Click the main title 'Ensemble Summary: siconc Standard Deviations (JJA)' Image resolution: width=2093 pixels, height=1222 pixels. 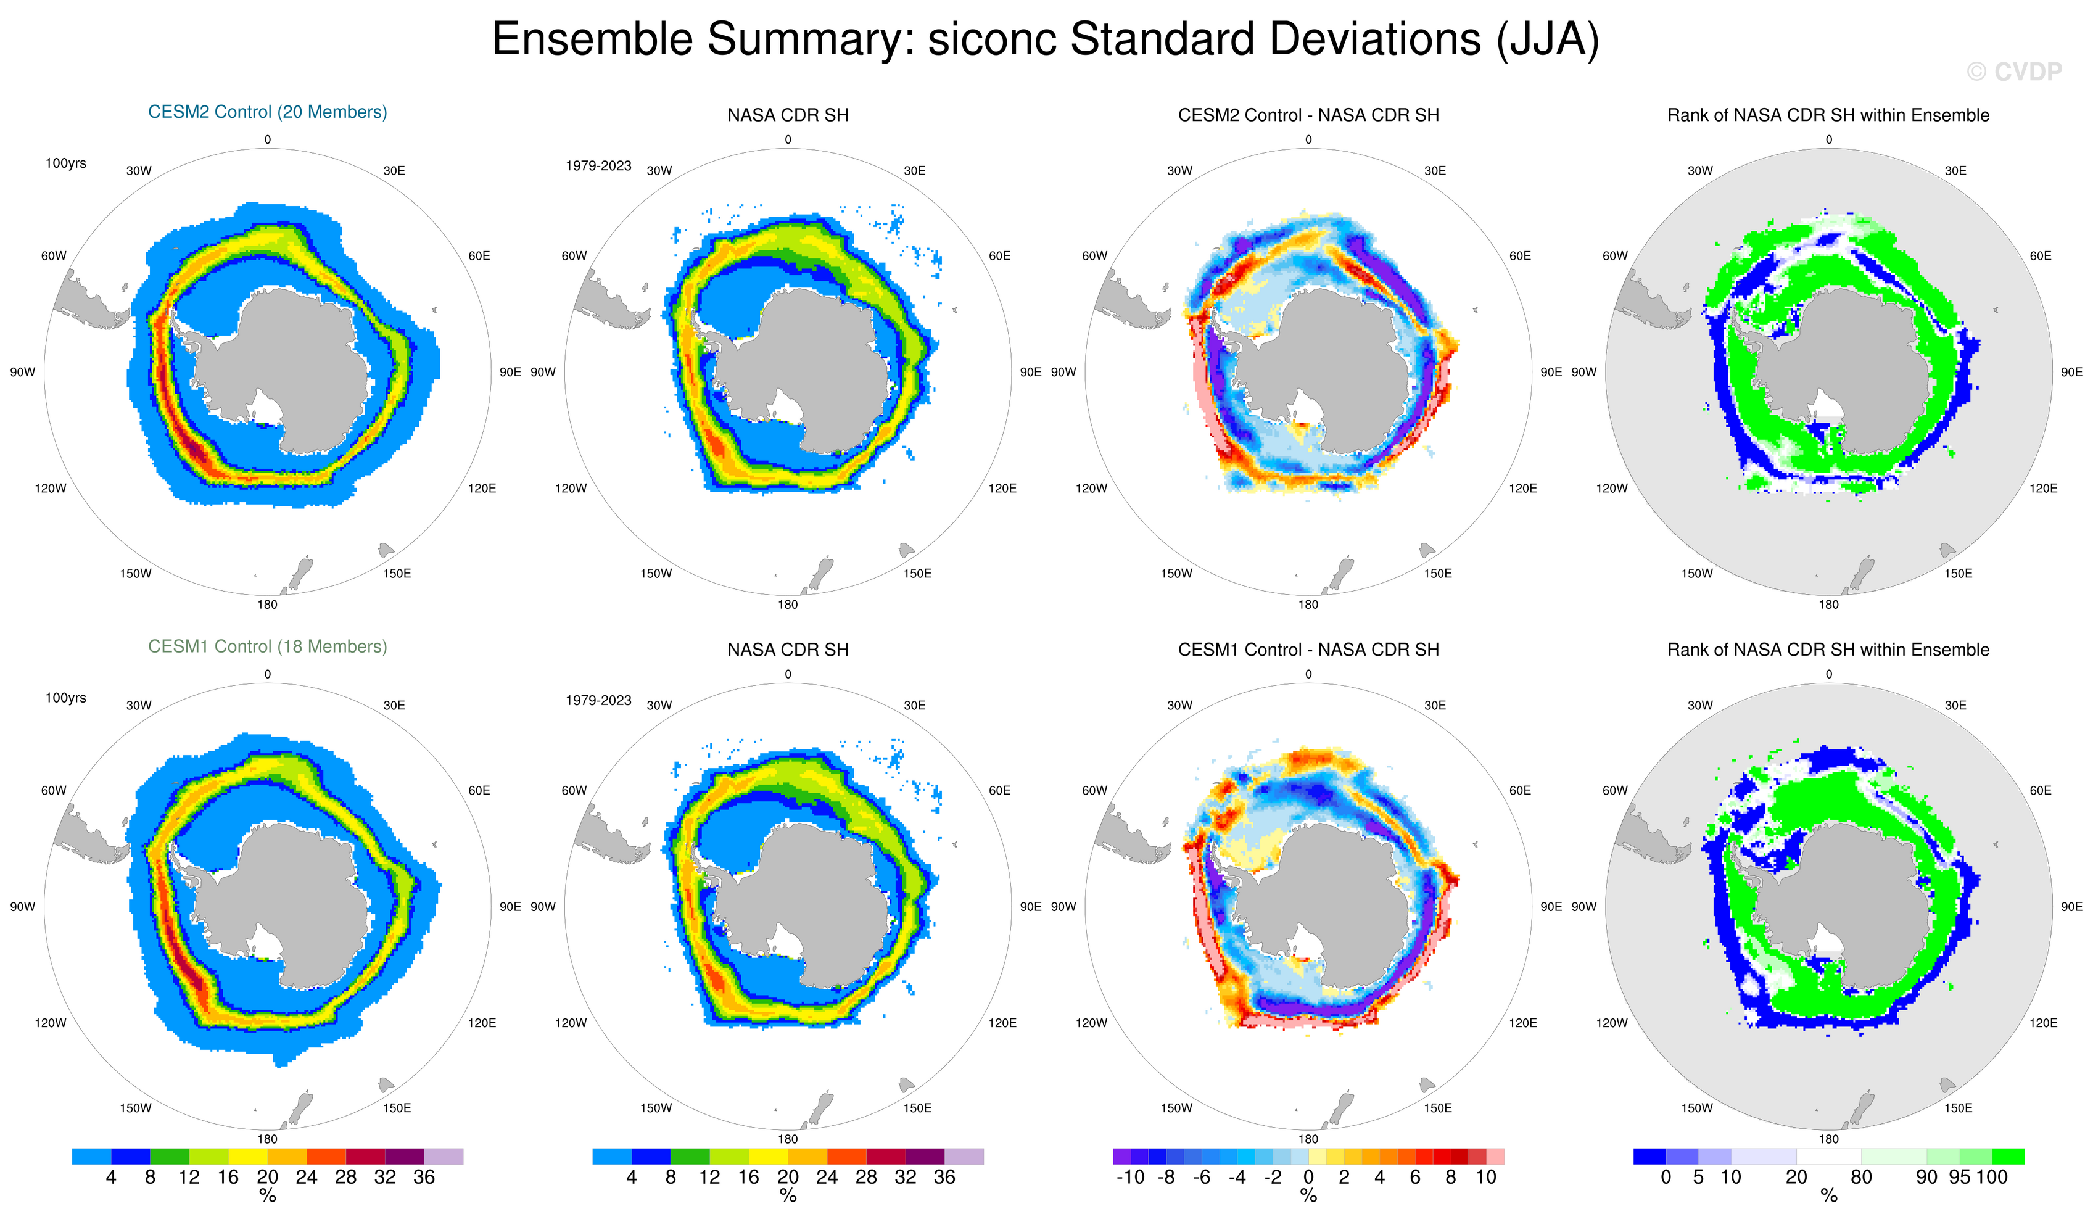[x=1045, y=39]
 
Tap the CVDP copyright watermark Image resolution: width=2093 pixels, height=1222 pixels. [x=2013, y=72]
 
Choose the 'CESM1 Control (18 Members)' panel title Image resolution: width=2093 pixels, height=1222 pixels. [x=268, y=646]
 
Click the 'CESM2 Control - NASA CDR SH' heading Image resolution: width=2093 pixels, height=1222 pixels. [x=1308, y=115]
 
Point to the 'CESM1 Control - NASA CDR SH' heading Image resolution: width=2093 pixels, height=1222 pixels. [x=1308, y=650]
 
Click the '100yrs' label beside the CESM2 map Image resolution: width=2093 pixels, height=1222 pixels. [x=65, y=163]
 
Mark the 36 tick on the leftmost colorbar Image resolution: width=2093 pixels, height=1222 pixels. [x=424, y=1177]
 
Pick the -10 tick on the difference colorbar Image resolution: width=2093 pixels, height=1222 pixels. [x=1129, y=1177]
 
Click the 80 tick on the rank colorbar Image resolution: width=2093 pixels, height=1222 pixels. [x=1861, y=1177]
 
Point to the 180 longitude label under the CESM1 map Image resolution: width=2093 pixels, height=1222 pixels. [x=268, y=1139]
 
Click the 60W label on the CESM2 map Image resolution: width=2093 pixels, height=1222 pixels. [x=54, y=256]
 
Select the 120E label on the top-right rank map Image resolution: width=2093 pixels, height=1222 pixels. [x=2043, y=489]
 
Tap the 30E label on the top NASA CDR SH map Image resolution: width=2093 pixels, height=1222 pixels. [x=914, y=171]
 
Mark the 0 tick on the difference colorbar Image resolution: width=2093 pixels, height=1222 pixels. [x=1308, y=1177]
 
